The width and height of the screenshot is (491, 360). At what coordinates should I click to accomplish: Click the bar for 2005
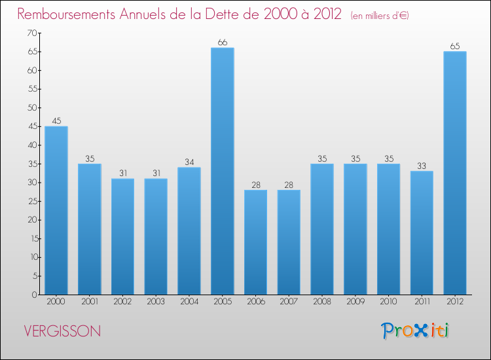click(222, 171)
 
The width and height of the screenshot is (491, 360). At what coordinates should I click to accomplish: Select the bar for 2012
click(455, 173)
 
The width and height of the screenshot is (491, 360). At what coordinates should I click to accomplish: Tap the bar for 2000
click(56, 210)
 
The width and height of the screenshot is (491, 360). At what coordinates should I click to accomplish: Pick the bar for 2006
click(255, 242)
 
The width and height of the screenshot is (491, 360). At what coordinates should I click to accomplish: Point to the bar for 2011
click(422, 232)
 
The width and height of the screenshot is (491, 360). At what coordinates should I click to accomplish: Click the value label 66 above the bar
click(222, 43)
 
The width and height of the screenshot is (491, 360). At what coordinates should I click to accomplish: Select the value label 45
click(56, 121)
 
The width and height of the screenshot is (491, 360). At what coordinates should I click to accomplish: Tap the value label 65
click(455, 46)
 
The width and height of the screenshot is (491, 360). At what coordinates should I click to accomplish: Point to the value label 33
click(422, 166)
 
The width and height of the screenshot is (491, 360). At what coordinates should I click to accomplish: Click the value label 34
click(189, 162)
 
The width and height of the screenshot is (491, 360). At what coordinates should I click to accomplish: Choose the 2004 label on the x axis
click(189, 302)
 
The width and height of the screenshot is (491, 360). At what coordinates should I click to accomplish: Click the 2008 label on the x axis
click(322, 302)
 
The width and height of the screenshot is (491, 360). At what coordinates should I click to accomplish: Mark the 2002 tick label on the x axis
click(122, 302)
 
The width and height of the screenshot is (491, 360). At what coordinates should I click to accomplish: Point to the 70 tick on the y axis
click(30, 33)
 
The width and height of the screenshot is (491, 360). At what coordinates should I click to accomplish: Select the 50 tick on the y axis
click(30, 107)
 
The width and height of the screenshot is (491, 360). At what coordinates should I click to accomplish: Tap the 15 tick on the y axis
click(31, 238)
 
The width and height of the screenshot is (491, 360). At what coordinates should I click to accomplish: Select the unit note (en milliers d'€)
click(380, 16)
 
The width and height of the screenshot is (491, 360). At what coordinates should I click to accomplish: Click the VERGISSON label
click(62, 331)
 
